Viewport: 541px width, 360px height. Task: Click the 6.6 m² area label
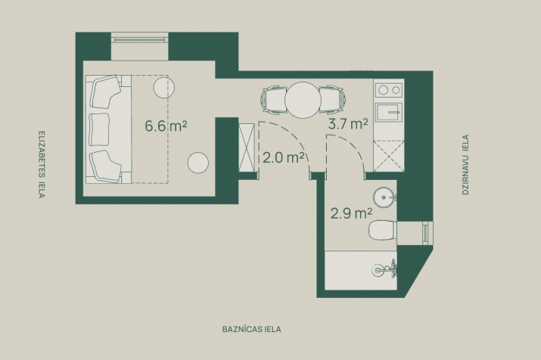point(166,126)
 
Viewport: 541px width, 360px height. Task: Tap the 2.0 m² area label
point(283,157)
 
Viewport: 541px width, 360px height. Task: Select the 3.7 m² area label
point(348,123)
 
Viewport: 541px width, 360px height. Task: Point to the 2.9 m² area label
point(351,213)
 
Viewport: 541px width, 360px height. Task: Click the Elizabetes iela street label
point(42,164)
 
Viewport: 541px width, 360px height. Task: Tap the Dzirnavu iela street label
point(465,165)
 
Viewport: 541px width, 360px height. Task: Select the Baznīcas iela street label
point(251,329)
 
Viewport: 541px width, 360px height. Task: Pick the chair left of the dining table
point(274,100)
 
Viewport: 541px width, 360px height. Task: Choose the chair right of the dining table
point(331,99)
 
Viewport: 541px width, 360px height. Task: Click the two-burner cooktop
point(389,90)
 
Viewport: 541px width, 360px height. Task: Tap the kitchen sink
point(389,113)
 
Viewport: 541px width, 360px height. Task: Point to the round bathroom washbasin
point(384,197)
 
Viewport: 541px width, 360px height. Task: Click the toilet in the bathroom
point(383,230)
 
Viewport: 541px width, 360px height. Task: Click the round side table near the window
point(164,87)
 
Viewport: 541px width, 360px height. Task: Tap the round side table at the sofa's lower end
point(198,163)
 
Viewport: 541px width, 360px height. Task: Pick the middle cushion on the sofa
point(99,129)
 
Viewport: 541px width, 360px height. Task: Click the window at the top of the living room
point(140,38)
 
